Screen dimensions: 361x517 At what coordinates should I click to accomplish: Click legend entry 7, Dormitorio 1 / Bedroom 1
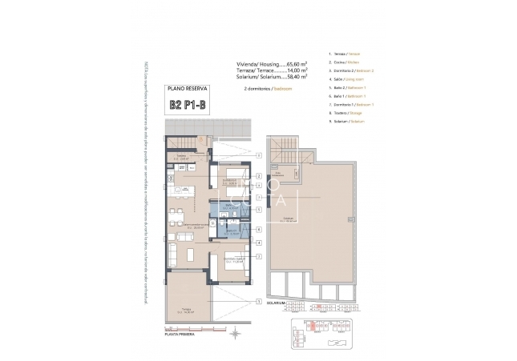(x=351, y=104)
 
